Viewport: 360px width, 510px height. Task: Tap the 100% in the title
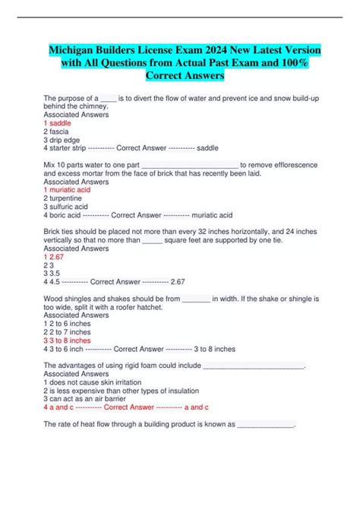(x=295, y=63)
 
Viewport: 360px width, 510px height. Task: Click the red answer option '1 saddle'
(x=61, y=122)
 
